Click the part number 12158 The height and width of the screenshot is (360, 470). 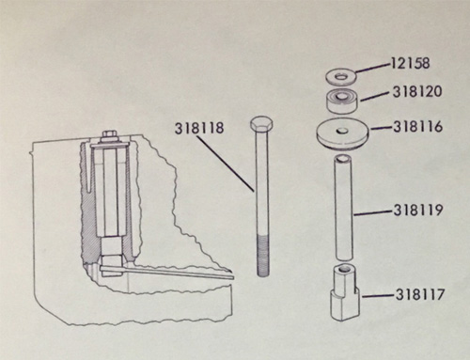(410, 63)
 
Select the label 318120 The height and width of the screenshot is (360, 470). (417, 91)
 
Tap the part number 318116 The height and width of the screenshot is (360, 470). (418, 127)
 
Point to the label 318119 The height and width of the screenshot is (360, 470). (418, 210)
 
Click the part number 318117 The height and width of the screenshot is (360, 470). (420, 294)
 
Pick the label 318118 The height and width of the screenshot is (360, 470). (199, 128)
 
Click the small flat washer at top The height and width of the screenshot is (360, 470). (341, 77)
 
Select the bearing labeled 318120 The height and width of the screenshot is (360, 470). (342, 101)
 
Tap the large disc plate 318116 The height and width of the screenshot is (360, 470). (343, 133)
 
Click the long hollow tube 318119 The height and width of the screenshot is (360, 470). (344, 207)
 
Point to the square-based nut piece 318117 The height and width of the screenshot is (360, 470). (345, 292)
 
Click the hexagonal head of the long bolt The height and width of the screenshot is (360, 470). (262, 124)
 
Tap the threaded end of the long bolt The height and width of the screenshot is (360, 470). (263, 255)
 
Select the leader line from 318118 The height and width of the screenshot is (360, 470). (227, 163)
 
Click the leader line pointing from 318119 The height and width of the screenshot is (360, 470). (373, 213)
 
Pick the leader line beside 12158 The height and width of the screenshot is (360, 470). (373, 69)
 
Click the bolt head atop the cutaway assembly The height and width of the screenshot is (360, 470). (108, 136)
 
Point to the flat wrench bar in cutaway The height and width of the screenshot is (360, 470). (167, 272)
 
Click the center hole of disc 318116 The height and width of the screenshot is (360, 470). (342, 130)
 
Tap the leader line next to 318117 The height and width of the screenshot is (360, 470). (378, 295)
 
